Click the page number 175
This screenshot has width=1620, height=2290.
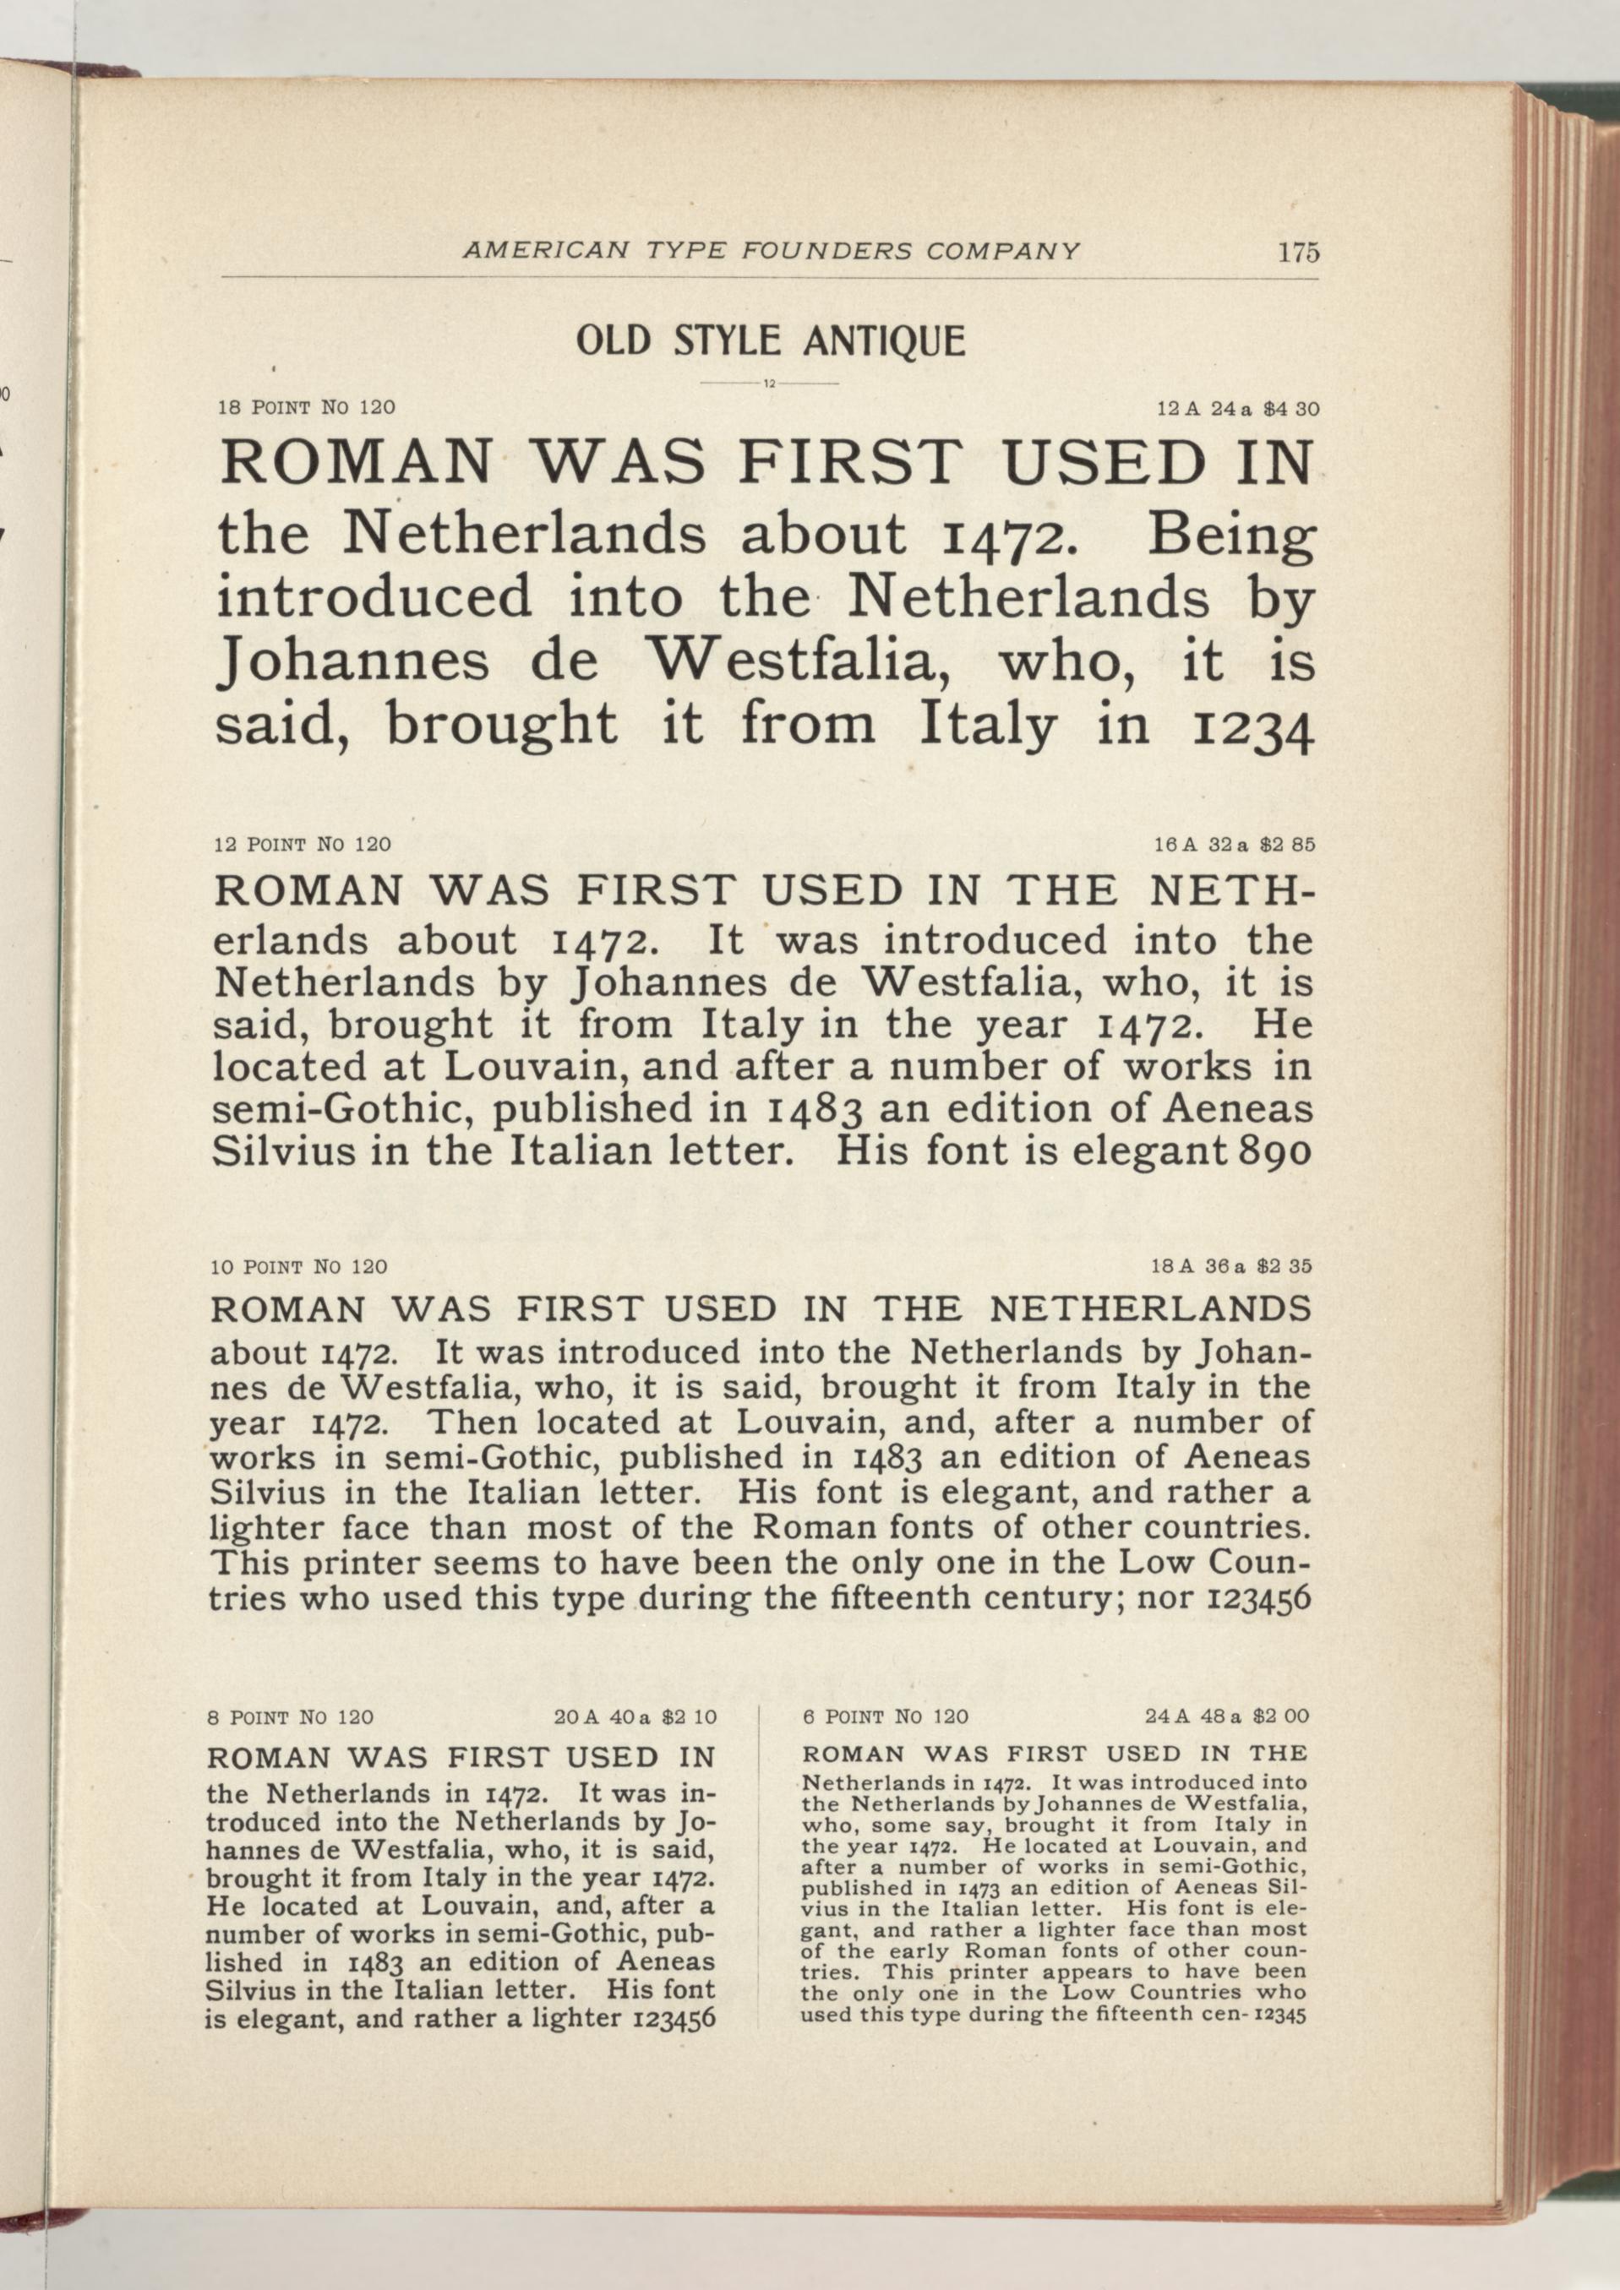click(1299, 253)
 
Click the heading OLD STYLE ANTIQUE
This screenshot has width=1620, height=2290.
click(770, 341)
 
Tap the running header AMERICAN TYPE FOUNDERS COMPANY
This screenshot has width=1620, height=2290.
click(771, 252)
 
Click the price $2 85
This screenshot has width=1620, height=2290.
click(1288, 844)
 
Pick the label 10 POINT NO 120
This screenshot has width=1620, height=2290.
click(299, 1267)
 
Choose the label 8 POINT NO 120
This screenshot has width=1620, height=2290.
click(291, 1717)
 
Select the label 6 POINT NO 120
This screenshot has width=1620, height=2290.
click(885, 1716)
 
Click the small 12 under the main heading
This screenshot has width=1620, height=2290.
click(769, 384)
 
